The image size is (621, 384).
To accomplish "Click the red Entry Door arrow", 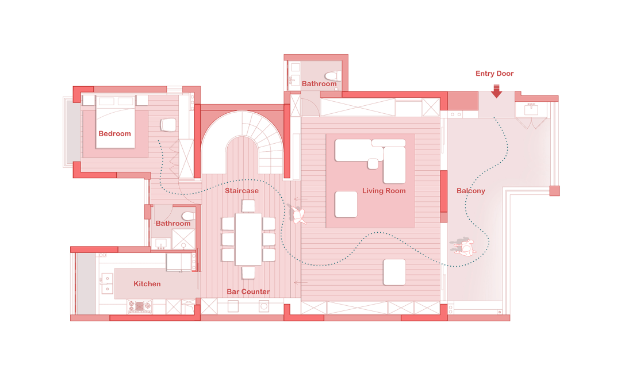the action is pyautogui.click(x=496, y=91).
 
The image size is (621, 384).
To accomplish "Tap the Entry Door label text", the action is pyautogui.click(x=494, y=73).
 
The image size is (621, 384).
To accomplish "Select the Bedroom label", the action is pyautogui.click(x=114, y=133).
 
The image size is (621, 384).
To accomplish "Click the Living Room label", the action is pyautogui.click(x=384, y=191).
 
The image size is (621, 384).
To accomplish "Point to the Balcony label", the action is pyautogui.click(x=470, y=191).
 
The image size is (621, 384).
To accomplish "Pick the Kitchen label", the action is pyautogui.click(x=147, y=284).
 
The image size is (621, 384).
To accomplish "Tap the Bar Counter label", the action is pyautogui.click(x=248, y=292).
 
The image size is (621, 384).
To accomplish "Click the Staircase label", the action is pyautogui.click(x=241, y=191).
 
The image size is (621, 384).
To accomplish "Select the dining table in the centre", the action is pyautogui.click(x=248, y=239).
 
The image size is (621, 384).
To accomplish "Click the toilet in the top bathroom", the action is pyautogui.click(x=333, y=75).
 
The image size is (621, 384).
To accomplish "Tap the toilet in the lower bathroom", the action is pyautogui.click(x=188, y=216).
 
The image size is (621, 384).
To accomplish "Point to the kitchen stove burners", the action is pyautogui.click(x=139, y=306).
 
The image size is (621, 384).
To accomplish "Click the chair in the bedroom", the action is pyautogui.click(x=168, y=125).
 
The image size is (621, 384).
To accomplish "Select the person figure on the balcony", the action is pyautogui.click(x=464, y=246).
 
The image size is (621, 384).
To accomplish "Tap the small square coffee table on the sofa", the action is pyautogui.click(x=373, y=163).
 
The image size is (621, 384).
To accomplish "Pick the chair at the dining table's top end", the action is pyautogui.click(x=248, y=206).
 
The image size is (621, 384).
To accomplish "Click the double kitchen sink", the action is pyautogui.click(x=107, y=283).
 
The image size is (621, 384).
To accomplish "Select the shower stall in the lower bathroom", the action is pyautogui.click(x=183, y=239).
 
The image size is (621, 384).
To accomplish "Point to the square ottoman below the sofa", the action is pyautogui.click(x=346, y=204).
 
